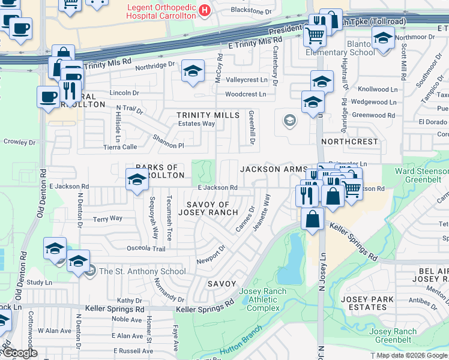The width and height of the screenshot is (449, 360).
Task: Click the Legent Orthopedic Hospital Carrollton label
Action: pyautogui.click(x=161, y=11)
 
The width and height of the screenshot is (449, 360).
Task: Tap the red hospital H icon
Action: pyautogui.click(x=205, y=10)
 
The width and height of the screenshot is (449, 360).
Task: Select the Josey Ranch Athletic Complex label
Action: pyautogui.click(x=263, y=300)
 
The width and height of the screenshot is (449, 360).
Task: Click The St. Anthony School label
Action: pyautogui.click(x=142, y=271)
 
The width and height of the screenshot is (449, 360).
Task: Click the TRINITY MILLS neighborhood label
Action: pyautogui.click(x=208, y=115)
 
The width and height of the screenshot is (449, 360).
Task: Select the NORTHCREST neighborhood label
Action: pyautogui.click(x=350, y=142)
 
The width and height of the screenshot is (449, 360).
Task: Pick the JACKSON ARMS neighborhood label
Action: pyautogui.click(x=274, y=170)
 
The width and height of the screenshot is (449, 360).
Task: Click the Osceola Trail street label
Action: pyautogui.click(x=145, y=248)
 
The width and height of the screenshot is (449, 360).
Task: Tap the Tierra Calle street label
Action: pyautogui.click(x=121, y=147)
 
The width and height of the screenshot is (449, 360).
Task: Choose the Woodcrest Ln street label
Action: pyautogui.click(x=246, y=95)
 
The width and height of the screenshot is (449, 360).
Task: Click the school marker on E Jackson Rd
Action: pyautogui.click(x=137, y=179)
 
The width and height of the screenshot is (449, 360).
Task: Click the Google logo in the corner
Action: pyautogui.click(x=20, y=353)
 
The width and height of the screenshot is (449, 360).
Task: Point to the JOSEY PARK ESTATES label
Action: pyautogui.click(x=367, y=303)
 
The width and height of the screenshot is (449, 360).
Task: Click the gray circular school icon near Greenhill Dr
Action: pyautogui.click(x=289, y=121)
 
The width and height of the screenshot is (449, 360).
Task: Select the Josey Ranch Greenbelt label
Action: pyautogui.click(x=393, y=335)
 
